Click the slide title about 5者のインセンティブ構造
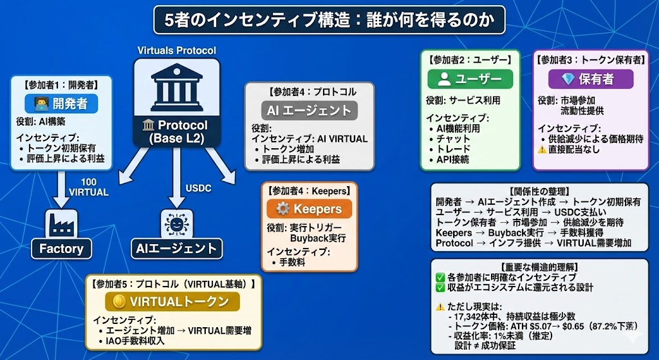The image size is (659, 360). click(329, 20)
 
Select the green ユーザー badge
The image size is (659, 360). click(470, 79)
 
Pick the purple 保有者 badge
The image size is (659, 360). click(590, 79)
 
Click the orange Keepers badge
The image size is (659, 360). click(309, 209)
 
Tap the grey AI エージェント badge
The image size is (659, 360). click(310, 110)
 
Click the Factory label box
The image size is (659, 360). click(61, 249)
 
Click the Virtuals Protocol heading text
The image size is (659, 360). click(176, 50)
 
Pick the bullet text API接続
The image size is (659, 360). click(453, 159)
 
